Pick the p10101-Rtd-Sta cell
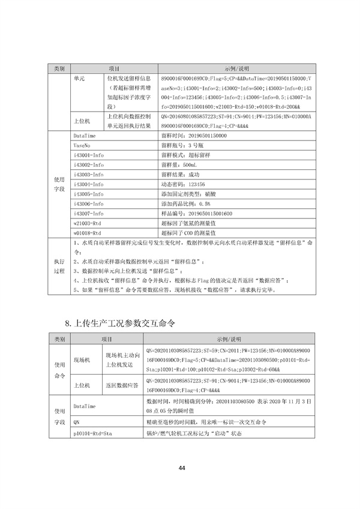93,432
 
